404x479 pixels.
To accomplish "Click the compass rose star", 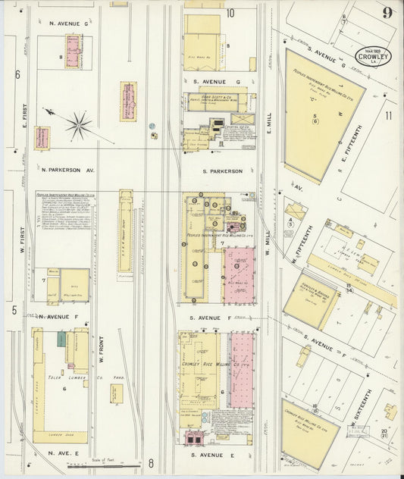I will (79, 124).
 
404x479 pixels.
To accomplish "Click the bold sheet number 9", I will (387, 13).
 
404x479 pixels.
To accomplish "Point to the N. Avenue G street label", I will (69, 23).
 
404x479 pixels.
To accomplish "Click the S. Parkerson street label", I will (222, 171).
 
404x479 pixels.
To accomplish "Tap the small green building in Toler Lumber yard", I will (61, 339).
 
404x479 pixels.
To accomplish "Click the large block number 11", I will (389, 116).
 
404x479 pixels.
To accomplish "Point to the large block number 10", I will (230, 12).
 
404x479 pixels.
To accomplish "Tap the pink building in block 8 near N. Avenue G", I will (73, 51).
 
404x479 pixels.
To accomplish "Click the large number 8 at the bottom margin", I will (151, 462).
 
